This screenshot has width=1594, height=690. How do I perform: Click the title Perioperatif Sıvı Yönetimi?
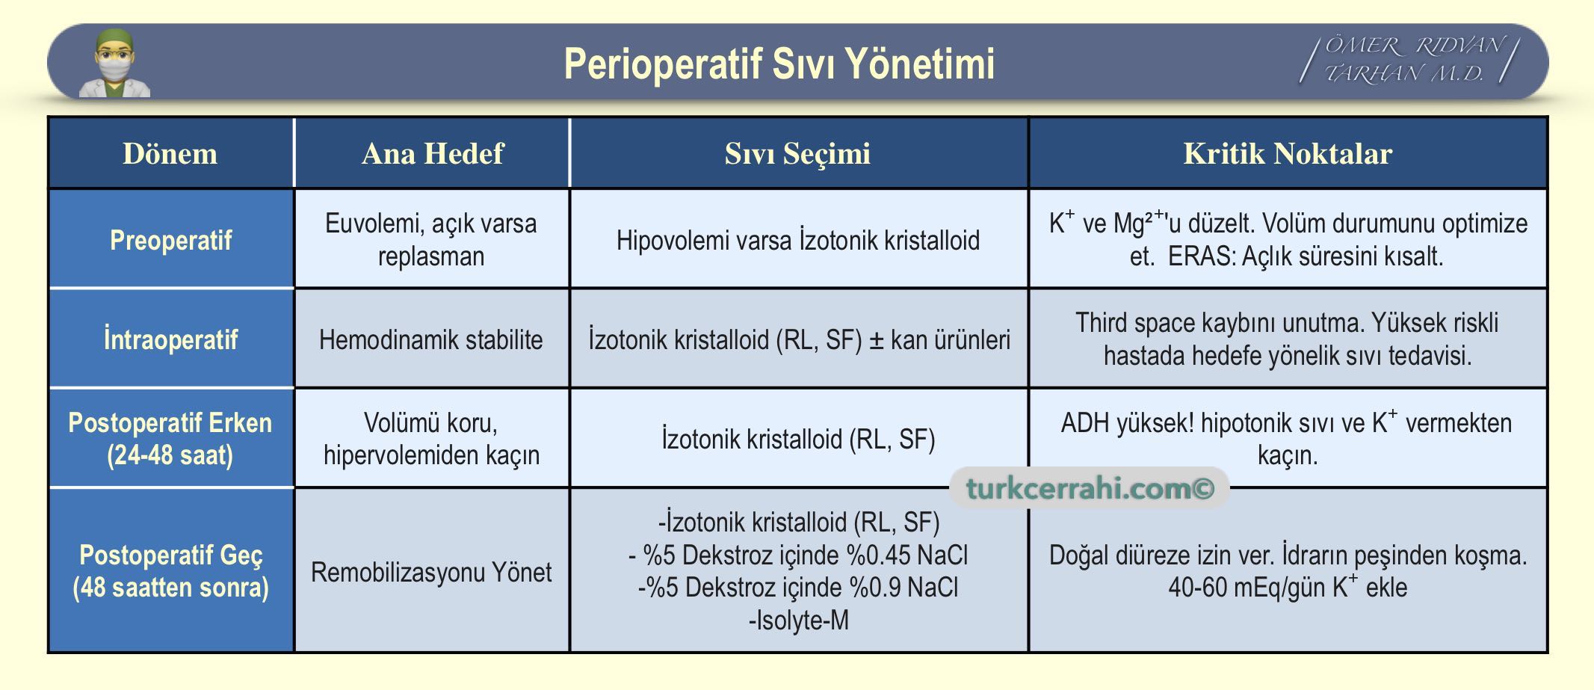pyautogui.click(x=779, y=64)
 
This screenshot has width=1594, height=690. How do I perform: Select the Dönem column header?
pyautogui.click(x=170, y=153)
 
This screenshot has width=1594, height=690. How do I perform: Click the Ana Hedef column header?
pyautogui.click(x=432, y=153)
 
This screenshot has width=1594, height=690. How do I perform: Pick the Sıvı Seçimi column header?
pyautogui.click(x=797, y=154)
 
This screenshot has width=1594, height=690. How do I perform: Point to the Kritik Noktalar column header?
pyautogui.click(x=1288, y=153)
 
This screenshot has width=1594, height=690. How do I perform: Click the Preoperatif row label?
pyautogui.click(x=170, y=240)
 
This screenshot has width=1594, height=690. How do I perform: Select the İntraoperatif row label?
pyautogui.click(x=170, y=339)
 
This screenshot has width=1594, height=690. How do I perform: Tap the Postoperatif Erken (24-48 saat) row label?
pyautogui.click(x=170, y=439)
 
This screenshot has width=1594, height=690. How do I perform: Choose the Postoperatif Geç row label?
pyautogui.click(x=170, y=571)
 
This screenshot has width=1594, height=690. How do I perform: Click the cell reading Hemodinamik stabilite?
pyautogui.click(x=431, y=340)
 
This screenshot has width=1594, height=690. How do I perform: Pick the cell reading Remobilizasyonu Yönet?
pyautogui.click(x=431, y=572)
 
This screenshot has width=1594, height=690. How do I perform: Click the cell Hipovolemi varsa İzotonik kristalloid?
pyautogui.click(x=798, y=241)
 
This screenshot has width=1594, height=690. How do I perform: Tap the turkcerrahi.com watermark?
pyautogui.click(x=1090, y=488)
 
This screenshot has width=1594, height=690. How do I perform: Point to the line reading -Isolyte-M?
pyautogui.click(x=798, y=620)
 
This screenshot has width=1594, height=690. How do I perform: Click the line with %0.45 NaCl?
pyautogui.click(x=798, y=555)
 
